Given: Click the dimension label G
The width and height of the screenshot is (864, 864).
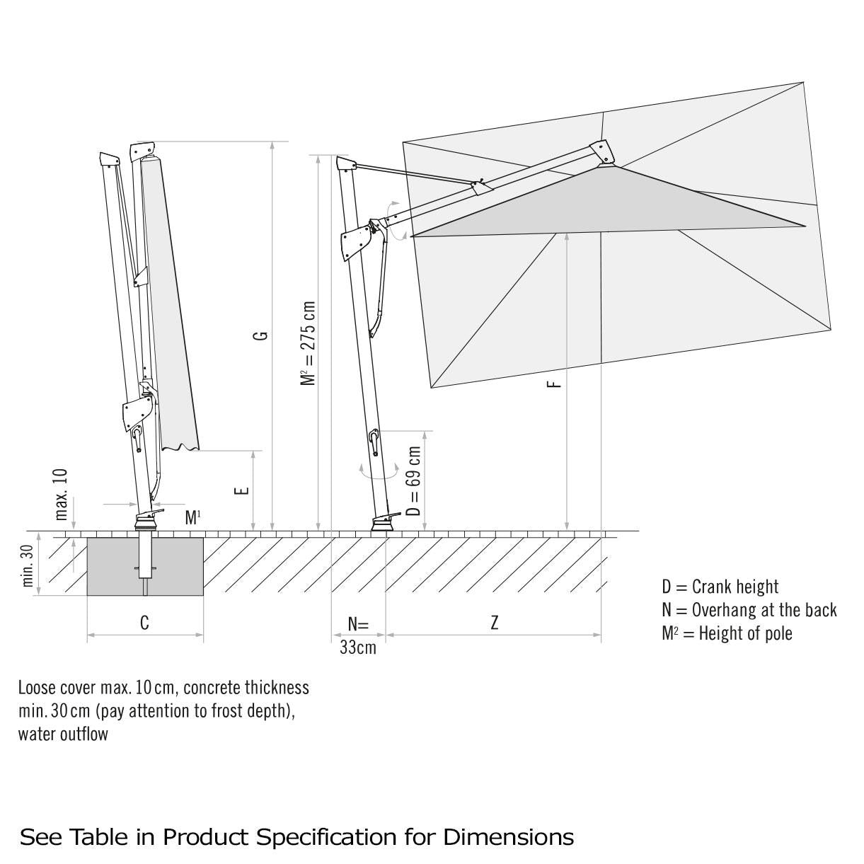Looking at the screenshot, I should click(x=262, y=333).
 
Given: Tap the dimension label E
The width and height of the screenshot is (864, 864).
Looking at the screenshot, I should click(x=242, y=490).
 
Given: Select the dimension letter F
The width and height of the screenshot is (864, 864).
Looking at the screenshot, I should click(x=555, y=383).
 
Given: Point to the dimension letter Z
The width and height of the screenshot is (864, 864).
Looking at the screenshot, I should click(x=494, y=623).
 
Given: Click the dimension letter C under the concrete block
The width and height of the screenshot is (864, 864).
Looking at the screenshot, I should click(x=144, y=623).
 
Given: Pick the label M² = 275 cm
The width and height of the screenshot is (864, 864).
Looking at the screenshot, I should click(x=308, y=344).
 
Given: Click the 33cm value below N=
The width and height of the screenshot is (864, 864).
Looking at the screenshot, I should click(x=357, y=647).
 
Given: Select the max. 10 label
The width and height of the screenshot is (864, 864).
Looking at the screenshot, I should click(x=62, y=494).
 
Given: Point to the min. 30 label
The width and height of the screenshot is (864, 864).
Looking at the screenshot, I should click(x=28, y=565).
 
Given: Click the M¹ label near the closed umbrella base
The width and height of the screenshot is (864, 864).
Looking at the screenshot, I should click(x=192, y=517).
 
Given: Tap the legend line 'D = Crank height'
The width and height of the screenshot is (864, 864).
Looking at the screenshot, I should click(x=720, y=587).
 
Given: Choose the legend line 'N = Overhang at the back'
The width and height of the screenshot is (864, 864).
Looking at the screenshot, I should click(x=749, y=610).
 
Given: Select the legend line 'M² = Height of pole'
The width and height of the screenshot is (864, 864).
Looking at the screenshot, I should click(x=727, y=633).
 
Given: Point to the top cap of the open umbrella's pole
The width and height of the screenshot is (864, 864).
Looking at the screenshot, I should click(x=345, y=164).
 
